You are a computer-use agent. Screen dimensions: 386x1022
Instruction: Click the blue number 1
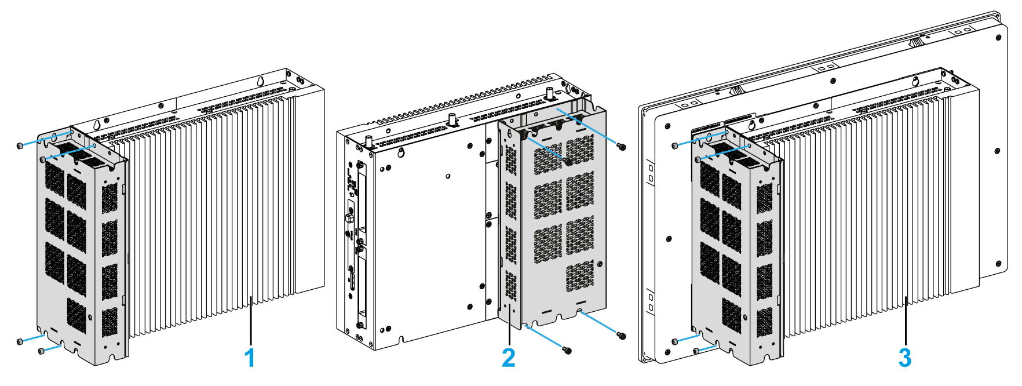point(250,358)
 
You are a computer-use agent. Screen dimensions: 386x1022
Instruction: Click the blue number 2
point(508,358)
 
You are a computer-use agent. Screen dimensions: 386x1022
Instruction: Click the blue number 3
point(904,358)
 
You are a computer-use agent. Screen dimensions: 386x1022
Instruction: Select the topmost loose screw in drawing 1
point(20,145)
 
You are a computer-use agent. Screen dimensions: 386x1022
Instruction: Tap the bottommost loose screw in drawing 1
point(41,351)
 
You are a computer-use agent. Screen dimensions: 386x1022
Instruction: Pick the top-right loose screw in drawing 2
point(622,147)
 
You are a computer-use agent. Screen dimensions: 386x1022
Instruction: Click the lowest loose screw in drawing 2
point(567,350)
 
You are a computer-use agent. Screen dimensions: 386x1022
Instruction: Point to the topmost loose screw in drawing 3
point(675,145)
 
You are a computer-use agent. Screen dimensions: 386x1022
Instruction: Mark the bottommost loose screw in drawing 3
point(696,351)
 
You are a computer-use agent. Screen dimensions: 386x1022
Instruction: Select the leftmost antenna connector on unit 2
point(368,141)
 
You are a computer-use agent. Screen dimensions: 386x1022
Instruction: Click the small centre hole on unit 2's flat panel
point(448,176)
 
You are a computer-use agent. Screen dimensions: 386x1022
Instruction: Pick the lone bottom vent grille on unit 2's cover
point(579,276)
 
